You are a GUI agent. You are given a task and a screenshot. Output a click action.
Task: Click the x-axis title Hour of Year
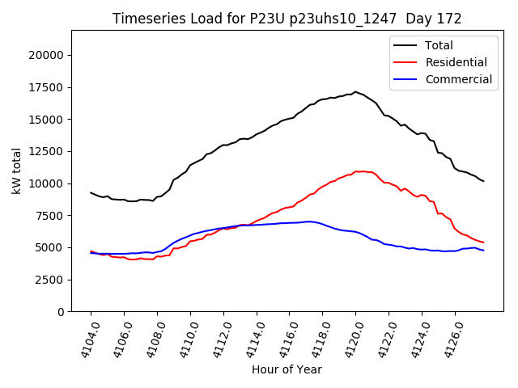[287, 369]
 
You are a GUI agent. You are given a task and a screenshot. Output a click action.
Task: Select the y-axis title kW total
[16, 171]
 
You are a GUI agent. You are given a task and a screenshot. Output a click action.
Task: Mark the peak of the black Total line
[355, 91]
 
